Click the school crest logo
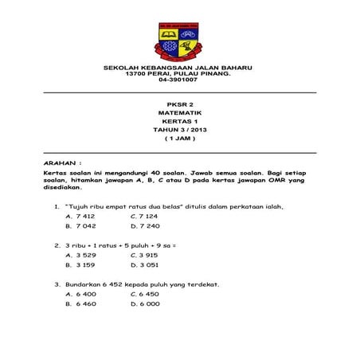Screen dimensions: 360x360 click(x=178, y=41)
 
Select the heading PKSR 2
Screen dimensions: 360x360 click(x=179, y=104)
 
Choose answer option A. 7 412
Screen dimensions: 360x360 click(x=80, y=216)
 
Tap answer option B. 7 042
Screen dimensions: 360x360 click(x=80, y=226)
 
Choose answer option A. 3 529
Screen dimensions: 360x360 click(x=80, y=255)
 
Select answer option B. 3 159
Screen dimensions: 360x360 click(x=80, y=264)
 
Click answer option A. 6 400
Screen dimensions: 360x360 click(x=80, y=293)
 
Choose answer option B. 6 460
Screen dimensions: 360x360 click(x=80, y=303)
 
